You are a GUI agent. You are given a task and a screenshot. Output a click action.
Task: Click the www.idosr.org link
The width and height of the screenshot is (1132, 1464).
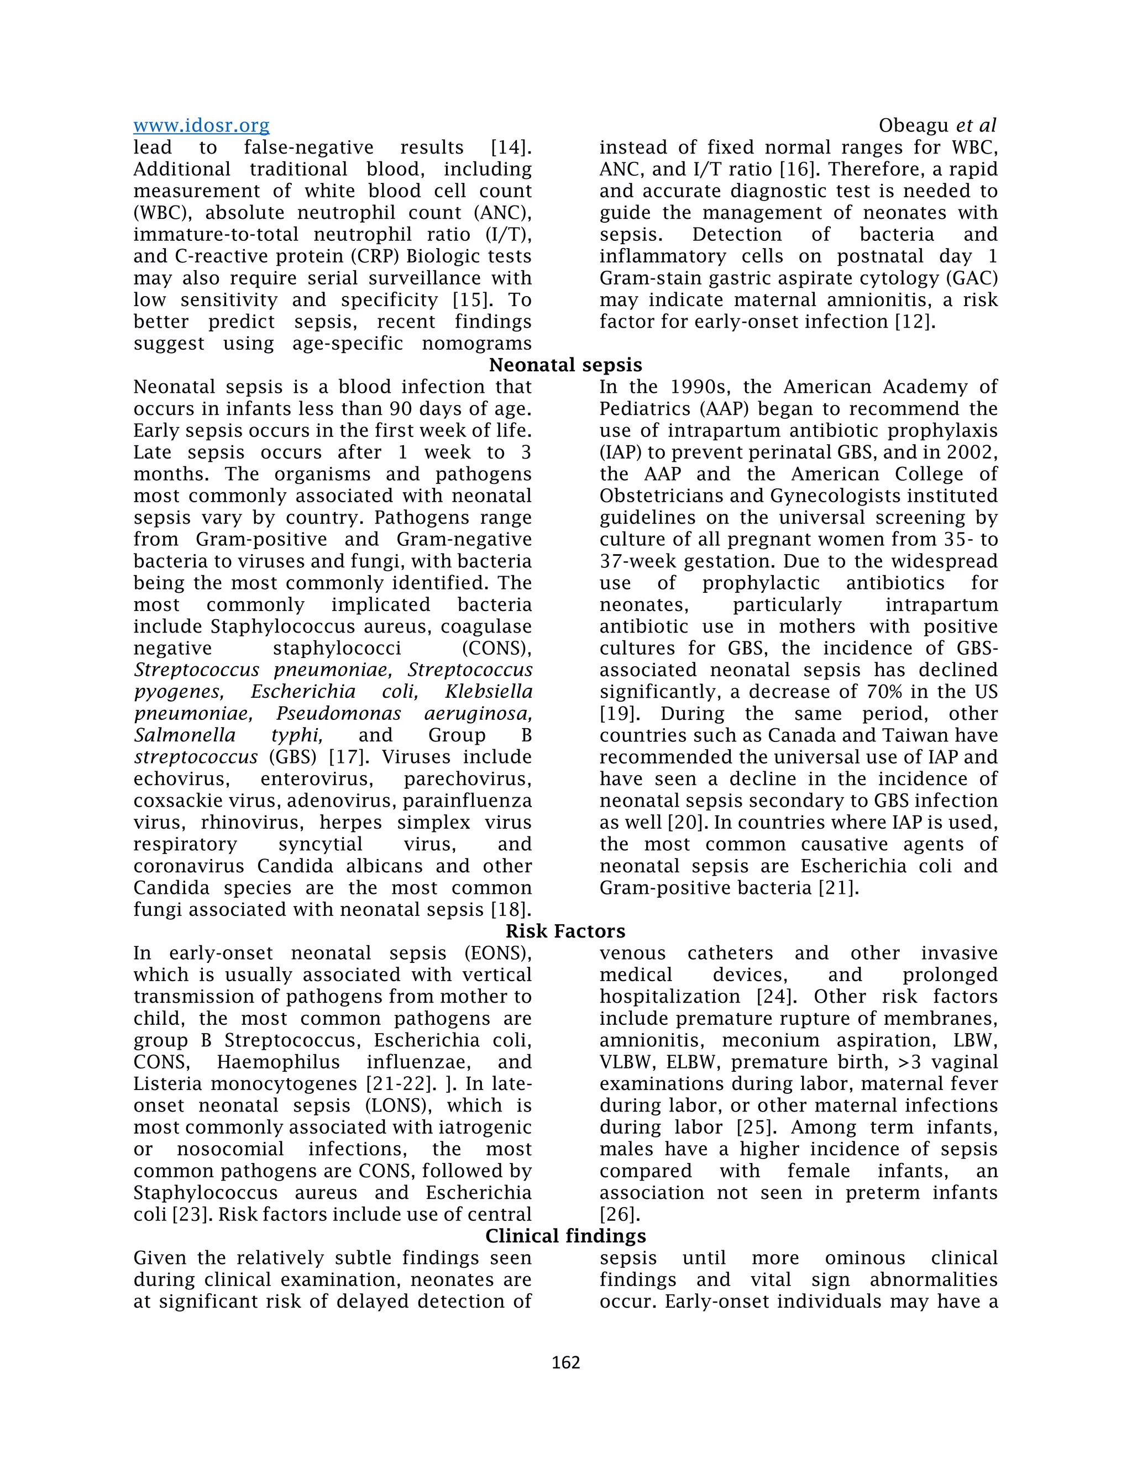point(201,126)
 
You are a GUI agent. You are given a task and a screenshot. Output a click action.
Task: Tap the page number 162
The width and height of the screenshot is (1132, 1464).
point(565,1363)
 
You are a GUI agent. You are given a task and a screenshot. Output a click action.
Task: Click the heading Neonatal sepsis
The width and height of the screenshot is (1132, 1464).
point(565,365)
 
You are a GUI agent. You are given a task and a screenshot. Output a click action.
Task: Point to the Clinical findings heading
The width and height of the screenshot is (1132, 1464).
point(565,1236)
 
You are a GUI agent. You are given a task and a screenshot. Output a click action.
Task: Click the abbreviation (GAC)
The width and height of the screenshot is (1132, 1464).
point(972,278)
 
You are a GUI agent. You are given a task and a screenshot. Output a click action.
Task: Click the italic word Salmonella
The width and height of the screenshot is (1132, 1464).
point(185,736)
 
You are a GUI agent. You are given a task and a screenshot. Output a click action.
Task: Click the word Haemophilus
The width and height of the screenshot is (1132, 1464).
point(279,1062)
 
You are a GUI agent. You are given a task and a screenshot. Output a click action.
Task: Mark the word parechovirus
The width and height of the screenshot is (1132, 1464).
point(468,780)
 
